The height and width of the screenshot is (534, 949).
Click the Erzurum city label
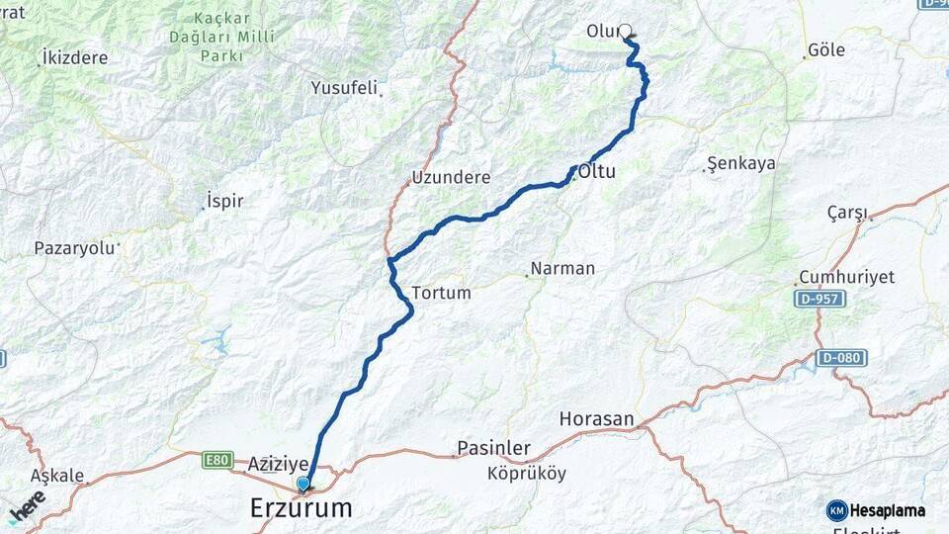coord(301,508)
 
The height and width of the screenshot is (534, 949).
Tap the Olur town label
coord(602,31)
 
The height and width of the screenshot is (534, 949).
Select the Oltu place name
coord(597,171)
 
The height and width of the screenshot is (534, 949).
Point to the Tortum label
coord(441,293)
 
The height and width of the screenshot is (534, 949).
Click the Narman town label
coord(562,268)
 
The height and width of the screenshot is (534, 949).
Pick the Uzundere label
coord(451,178)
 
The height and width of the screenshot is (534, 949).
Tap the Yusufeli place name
coord(344,88)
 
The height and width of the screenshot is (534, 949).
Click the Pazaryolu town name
coord(74,247)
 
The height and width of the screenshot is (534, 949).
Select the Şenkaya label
coord(742,163)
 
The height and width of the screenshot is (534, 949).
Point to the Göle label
coord(826,49)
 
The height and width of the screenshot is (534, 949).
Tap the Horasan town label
coord(596,419)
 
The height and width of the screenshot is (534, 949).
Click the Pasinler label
coord(493,448)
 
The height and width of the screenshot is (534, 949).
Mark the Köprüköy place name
coord(527,473)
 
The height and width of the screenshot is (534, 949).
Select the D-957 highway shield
coord(819,298)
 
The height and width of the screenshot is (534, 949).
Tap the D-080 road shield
coord(841,357)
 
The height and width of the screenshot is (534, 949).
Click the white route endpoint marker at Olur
coord(625,30)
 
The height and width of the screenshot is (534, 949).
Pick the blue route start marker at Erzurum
coord(302,485)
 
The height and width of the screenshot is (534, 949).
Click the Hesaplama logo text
coord(888,510)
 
